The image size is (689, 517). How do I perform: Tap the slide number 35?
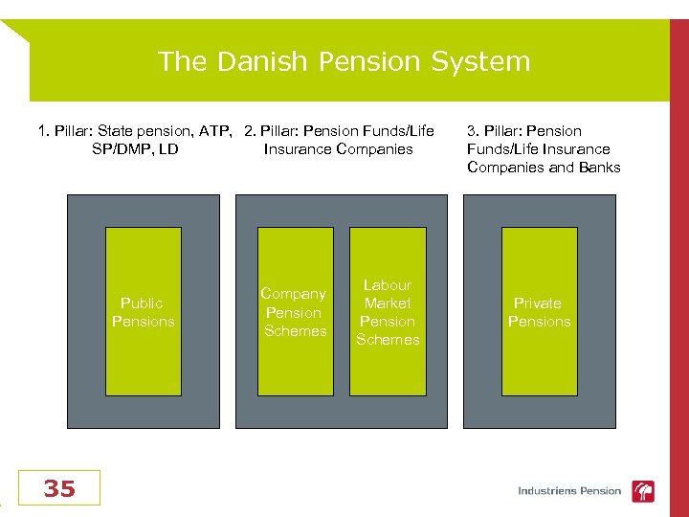click(x=58, y=489)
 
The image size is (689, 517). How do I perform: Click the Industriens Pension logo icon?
click(x=644, y=491)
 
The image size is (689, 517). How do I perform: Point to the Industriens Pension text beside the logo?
click(x=569, y=491)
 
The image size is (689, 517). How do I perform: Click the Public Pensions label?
click(x=143, y=312)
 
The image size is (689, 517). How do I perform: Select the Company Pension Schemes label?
click(x=294, y=312)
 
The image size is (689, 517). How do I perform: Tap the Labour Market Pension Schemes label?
click(x=388, y=312)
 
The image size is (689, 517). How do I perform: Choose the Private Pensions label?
click(x=539, y=312)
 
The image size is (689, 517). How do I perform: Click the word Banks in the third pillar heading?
click(x=598, y=168)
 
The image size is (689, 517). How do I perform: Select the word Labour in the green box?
click(x=388, y=285)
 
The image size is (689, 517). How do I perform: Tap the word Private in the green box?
click(x=538, y=303)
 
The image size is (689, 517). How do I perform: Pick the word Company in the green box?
click(x=293, y=294)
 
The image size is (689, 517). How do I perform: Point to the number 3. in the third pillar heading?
click(x=473, y=131)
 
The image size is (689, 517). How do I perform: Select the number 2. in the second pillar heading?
click(x=250, y=131)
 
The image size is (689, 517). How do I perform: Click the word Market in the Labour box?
click(x=388, y=303)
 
